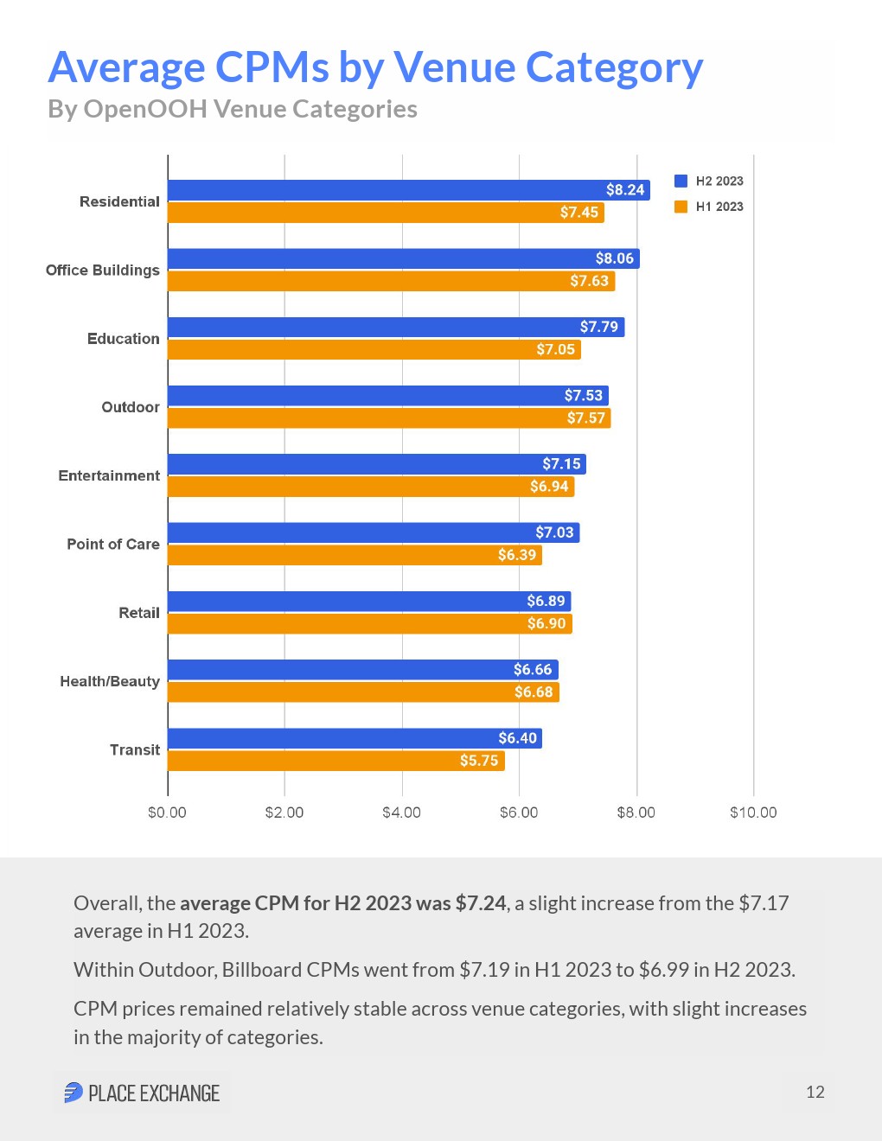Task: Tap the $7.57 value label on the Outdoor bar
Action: (585, 418)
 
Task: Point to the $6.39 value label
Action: (516, 555)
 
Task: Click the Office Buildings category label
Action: (102, 271)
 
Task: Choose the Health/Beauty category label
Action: (110, 681)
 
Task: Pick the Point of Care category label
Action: (113, 545)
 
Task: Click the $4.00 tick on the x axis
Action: (401, 813)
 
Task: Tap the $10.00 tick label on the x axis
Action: (753, 813)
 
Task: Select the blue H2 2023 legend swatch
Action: (681, 181)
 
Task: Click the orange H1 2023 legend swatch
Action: (681, 207)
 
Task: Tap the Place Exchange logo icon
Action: (73, 1093)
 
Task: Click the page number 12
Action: (815, 1092)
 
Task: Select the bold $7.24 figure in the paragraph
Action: (480, 903)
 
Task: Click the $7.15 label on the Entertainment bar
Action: (561, 464)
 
